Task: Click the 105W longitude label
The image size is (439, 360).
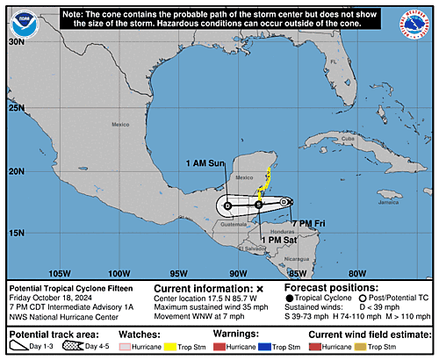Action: [60, 272]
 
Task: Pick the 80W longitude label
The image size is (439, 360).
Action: [356, 272]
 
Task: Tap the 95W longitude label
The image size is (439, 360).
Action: [178, 272]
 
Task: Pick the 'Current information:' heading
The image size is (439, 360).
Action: [204, 288]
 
